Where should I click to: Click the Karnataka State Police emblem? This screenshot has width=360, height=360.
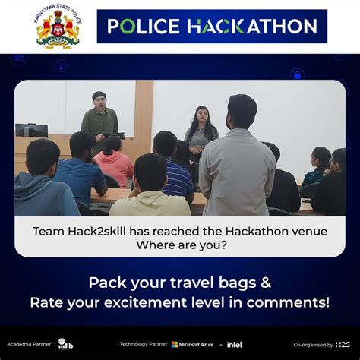58,29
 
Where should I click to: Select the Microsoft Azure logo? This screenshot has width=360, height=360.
194,344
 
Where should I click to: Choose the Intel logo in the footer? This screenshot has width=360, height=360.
234,344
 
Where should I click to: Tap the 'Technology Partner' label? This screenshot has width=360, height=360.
143,344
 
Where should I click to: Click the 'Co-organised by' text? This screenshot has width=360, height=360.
312,344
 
